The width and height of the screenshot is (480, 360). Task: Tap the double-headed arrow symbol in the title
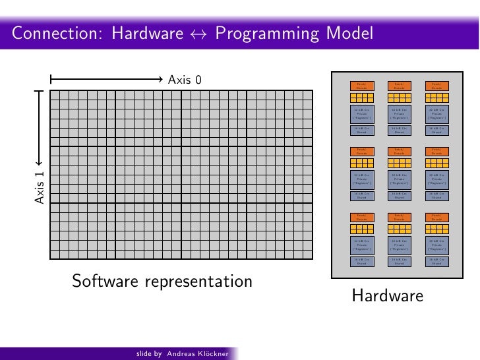195,33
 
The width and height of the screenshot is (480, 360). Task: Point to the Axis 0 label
185,80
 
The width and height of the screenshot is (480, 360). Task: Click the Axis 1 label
39,187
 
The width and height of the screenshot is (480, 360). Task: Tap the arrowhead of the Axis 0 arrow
164,80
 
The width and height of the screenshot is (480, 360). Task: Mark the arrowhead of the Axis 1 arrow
39,162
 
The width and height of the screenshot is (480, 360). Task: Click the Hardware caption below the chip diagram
387,296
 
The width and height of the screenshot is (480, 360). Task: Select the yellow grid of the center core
398,162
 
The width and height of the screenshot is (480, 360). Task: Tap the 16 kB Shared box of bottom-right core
435,261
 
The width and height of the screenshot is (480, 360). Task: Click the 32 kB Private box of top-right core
435,113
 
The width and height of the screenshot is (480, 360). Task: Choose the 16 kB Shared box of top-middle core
398,131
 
